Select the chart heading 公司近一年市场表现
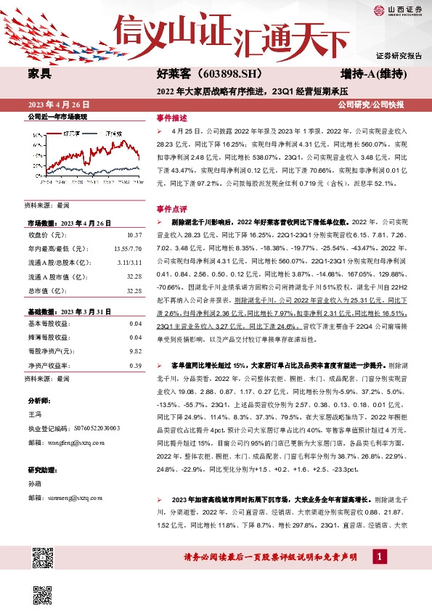click(57, 116)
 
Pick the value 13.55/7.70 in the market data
click(128, 249)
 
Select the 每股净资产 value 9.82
click(134, 350)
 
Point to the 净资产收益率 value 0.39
click(134, 365)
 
